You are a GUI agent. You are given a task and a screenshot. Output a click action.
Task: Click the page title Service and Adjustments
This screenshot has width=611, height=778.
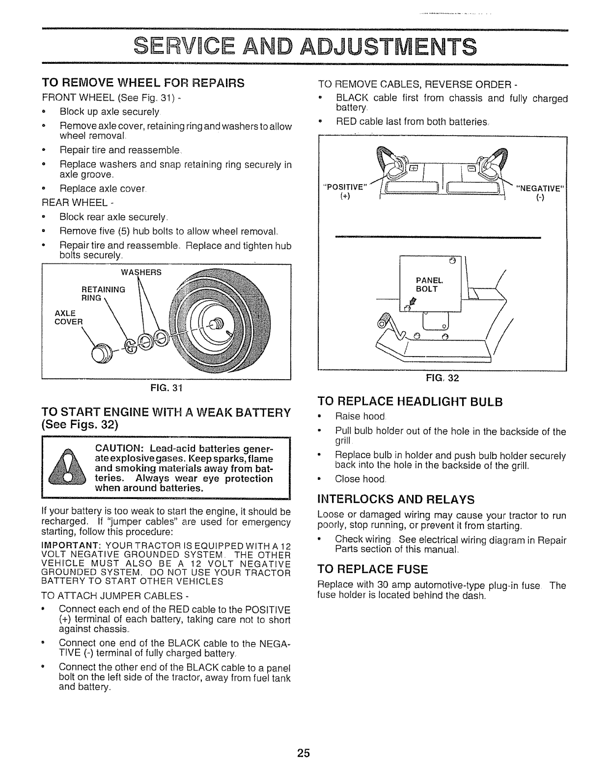(x=305, y=48)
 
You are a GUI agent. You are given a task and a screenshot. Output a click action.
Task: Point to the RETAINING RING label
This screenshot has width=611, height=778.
(x=103, y=294)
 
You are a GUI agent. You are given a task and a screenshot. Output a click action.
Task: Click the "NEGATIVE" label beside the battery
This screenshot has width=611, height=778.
(x=540, y=187)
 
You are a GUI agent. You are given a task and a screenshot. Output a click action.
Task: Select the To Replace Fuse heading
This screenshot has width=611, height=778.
(x=373, y=569)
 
